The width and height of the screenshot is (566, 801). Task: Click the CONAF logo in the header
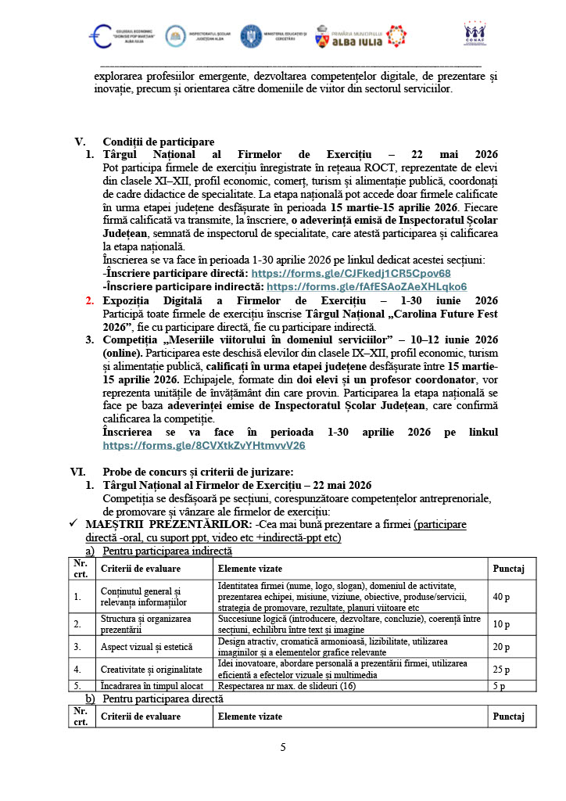(x=475, y=35)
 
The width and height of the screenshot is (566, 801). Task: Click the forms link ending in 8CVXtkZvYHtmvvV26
(x=204, y=445)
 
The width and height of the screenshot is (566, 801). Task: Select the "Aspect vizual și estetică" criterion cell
(x=145, y=647)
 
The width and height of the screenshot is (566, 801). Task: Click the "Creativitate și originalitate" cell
(x=152, y=670)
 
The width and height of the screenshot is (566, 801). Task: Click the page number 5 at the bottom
(x=283, y=748)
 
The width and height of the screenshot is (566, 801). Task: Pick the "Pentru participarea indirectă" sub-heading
(x=167, y=551)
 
